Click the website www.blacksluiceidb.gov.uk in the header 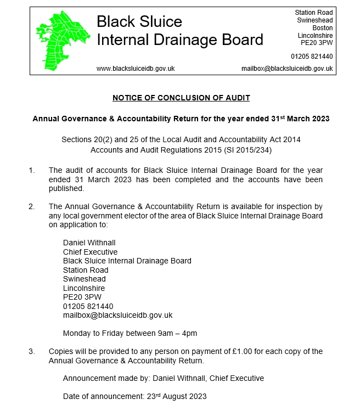136,69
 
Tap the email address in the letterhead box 287,69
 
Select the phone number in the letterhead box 312,57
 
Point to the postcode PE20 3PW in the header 316,43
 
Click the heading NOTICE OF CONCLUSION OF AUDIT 181,98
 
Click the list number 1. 31,171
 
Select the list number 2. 31,207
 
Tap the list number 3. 31,351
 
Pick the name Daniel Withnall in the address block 89,243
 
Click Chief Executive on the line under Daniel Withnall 90,252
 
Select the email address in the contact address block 117,315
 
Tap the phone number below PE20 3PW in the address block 88,306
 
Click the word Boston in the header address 323,28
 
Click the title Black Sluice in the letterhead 139,21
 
